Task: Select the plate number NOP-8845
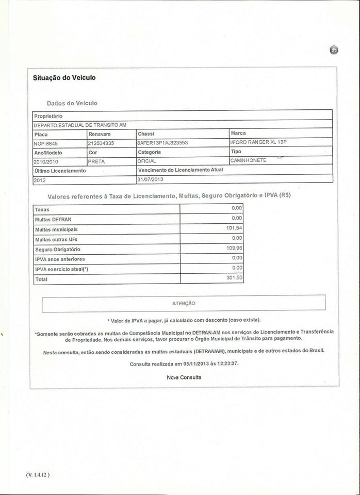pos(45,143)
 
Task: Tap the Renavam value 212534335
pos(101,143)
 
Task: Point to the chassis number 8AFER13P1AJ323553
pos(162,143)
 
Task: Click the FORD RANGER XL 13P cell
pos(258,142)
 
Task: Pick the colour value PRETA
pos(97,161)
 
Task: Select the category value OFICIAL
pos(147,161)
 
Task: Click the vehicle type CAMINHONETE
pos(249,160)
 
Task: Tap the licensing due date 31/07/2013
pos(150,179)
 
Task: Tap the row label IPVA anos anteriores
pos(60,259)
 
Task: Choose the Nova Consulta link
pos(184,377)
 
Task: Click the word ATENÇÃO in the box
pos(184,303)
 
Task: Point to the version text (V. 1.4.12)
pos(36,475)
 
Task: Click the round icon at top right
pos(334,50)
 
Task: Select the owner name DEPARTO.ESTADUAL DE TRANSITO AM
pos(80,125)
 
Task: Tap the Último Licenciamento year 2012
pos(40,180)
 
